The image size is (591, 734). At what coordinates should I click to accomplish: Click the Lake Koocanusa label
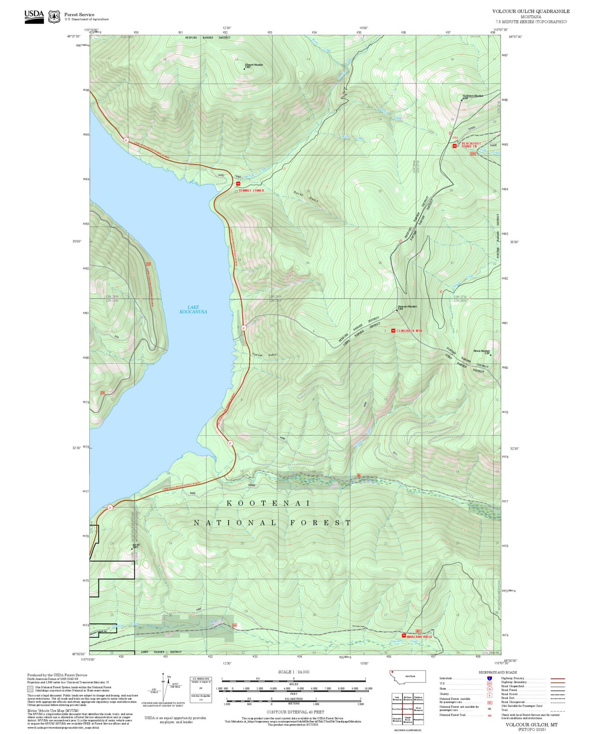[x=193, y=309]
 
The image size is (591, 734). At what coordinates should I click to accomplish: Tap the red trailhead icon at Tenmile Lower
[x=238, y=184]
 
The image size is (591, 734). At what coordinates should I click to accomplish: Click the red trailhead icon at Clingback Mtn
[x=393, y=331]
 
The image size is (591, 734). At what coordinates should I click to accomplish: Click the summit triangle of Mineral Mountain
[x=490, y=355]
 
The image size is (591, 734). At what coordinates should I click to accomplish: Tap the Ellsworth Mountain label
[x=254, y=65]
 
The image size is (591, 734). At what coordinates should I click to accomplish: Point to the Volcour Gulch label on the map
[x=264, y=355]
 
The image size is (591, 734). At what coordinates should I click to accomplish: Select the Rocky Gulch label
[x=306, y=196]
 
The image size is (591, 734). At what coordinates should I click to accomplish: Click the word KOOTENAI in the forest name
[x=269, y=503]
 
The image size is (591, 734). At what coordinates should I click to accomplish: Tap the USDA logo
[x=34, y=16]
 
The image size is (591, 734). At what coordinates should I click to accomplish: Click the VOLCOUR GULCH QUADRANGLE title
[x=530, y=11]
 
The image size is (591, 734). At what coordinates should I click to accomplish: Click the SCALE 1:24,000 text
[x=293, y=672]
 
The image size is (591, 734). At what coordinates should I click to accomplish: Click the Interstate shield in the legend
[x=489, y=678]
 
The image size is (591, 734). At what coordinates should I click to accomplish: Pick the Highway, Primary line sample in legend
[x=557, y=678]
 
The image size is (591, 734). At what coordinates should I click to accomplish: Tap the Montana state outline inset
[x=407, y=677]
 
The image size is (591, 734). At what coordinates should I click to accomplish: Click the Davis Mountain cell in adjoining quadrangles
[x=418, y=709]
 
